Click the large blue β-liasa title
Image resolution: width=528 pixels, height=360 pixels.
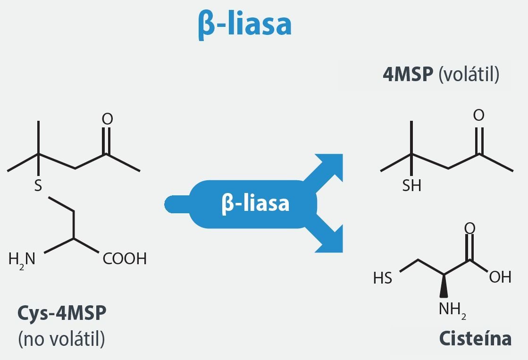pyautogui.click(x=245, y=24)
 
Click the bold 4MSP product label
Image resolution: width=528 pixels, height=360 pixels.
pyautogui.click(x=408, y=74)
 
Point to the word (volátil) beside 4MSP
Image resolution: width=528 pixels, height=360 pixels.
pyautogui.click(x=469, y=75)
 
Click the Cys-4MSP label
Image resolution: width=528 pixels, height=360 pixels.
pyautogui.click(x=62, y=313)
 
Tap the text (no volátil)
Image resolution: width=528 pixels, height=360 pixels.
pyautogui.click(x=62, y=338)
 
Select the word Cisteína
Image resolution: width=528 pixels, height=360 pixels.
pyautogui.click(x=476, y=338)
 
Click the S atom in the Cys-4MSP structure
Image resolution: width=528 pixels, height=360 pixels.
pyautogui.click(x=38, y=185)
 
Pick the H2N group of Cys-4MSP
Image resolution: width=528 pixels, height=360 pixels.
pyautogui.click(x=22, y=260)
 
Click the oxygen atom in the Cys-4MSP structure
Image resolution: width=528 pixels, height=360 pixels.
pyautogui.click(x=108, y=119)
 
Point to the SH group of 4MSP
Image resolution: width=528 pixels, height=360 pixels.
pyautogui.click(x=412, y=185)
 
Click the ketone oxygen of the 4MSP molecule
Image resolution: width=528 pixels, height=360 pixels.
pyautogui.click(x=479, y=115)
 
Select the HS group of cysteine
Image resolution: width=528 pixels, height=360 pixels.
pyautogui.click(x=383, y=278)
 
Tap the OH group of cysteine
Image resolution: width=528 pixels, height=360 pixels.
pyautogui.click(x=500, y=277)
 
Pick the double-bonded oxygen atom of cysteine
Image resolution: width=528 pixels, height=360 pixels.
pyautogui.click(x=470, y=228)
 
